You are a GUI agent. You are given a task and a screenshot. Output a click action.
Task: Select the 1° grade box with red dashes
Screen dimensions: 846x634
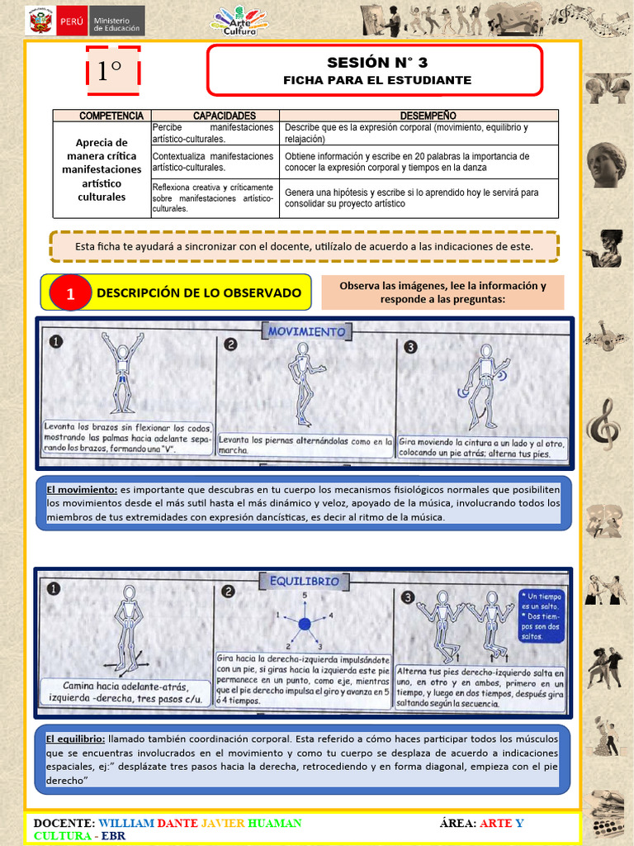click(113, 72)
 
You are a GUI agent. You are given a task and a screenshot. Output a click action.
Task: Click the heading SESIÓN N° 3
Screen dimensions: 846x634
click(377, 62)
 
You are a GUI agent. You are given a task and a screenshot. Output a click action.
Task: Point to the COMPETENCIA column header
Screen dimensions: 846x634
click(102, 116)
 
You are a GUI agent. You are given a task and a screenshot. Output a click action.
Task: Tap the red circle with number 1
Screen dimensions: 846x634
click(70, 293)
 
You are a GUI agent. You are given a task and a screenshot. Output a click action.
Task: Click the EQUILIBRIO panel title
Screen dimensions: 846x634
click(305, 581)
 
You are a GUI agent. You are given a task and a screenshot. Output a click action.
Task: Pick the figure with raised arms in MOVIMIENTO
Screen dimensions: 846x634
click(122, 371)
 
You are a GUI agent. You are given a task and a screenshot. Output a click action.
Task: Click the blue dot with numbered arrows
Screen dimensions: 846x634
click(304, 624)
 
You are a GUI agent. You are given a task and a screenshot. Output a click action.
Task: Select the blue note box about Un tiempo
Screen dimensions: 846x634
click(542, 615)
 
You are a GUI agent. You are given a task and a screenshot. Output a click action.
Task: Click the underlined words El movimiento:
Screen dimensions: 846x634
click(82, 489)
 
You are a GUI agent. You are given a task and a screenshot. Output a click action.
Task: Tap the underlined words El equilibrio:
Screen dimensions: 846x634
click(75, 739)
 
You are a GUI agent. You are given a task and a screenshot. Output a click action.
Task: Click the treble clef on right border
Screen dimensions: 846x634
click(600, 421)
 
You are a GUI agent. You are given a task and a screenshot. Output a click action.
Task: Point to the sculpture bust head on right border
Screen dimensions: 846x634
click(606, 165)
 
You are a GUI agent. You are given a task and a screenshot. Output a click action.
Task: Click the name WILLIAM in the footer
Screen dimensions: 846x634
click(125, 823)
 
